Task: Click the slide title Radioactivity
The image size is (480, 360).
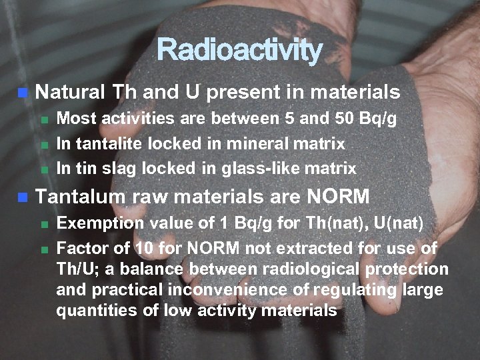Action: pos(239,50)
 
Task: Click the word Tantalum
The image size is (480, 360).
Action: pos(79,197)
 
